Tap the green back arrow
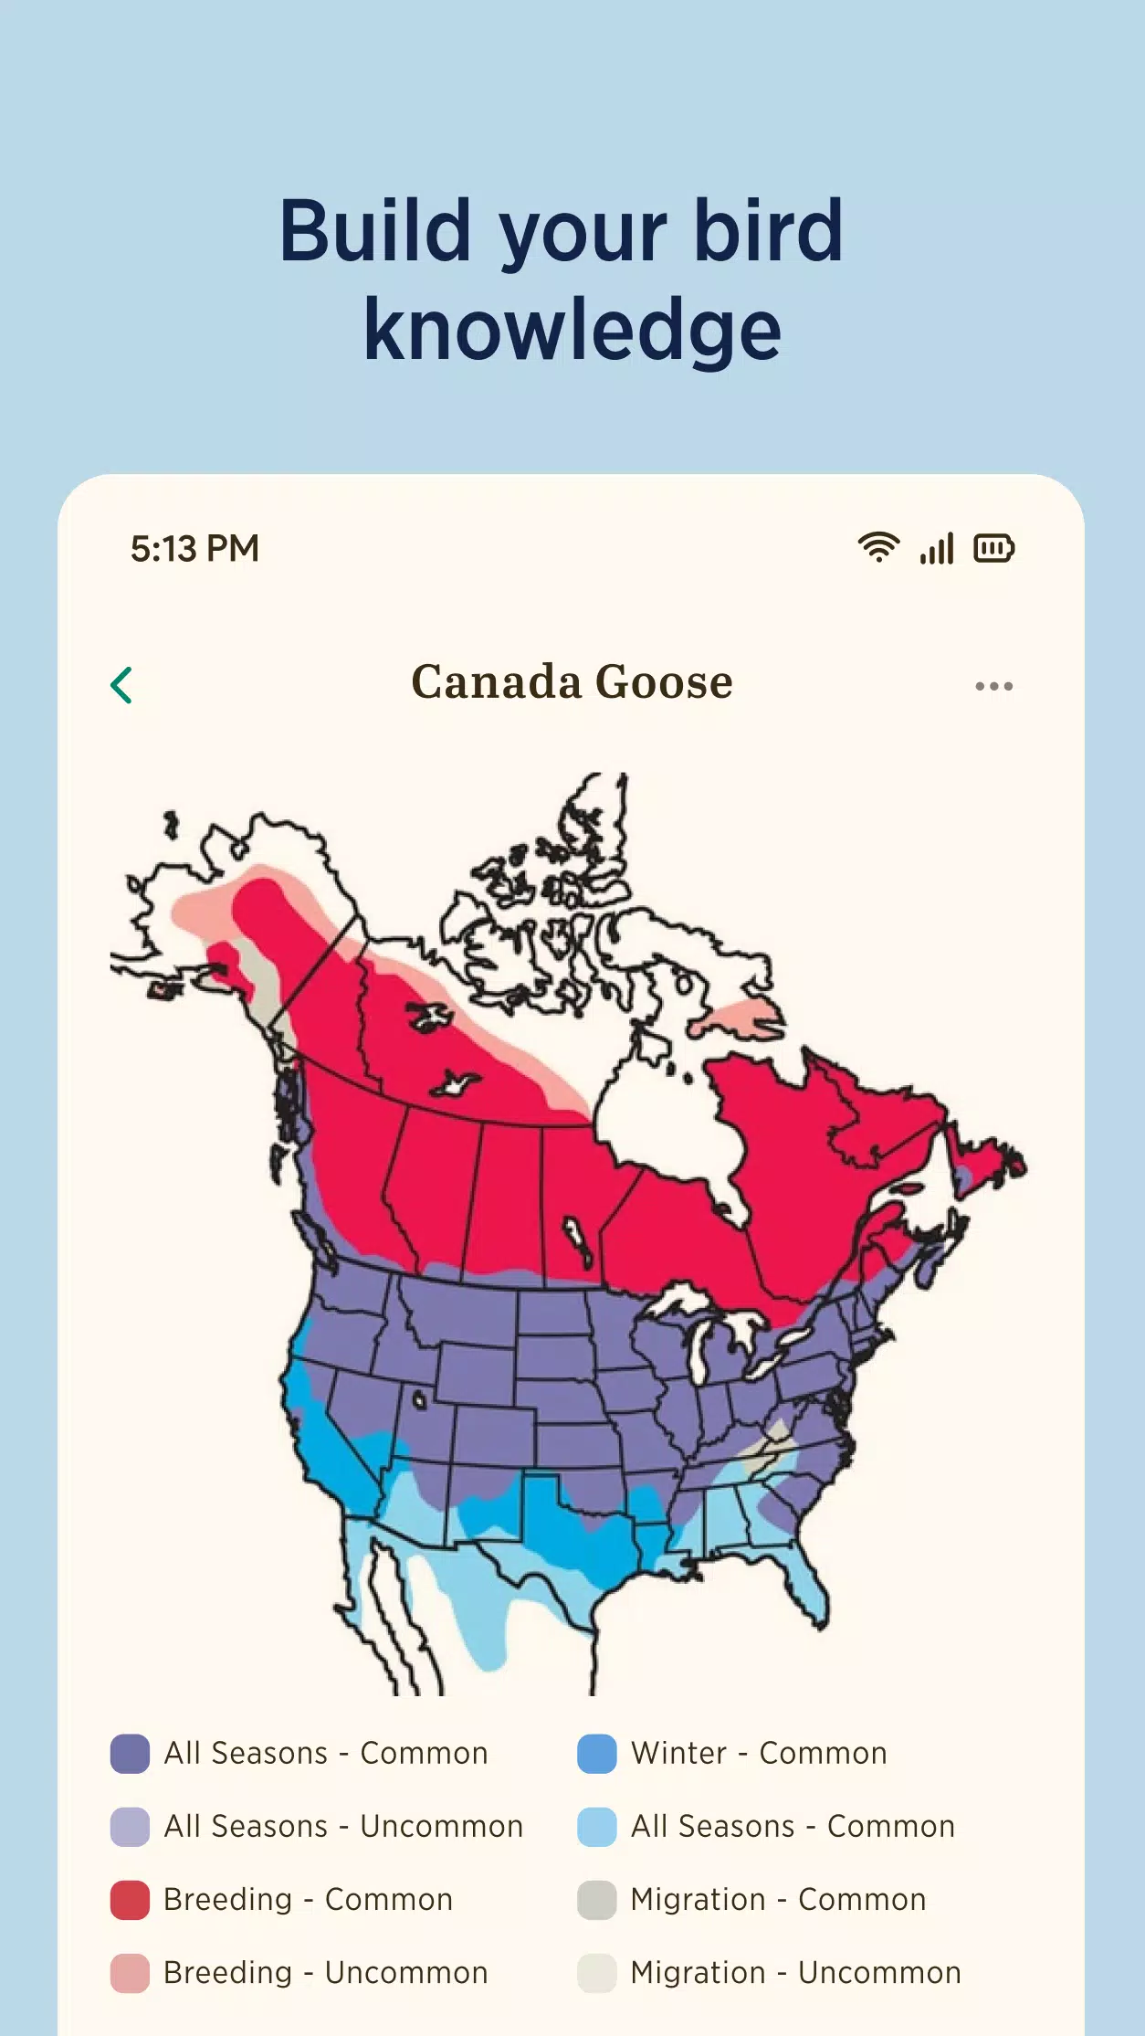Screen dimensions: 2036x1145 [x=121, y=685]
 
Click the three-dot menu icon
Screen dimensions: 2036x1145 [x=993, y=686]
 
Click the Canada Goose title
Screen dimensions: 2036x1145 [x=572, y=682]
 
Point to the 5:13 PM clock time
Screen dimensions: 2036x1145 [x=194, y=549]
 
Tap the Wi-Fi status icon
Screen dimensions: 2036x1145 [x=878, y=547]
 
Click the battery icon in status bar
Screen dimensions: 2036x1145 [x=993, y=548]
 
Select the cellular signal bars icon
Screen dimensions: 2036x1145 [x=937, y=548]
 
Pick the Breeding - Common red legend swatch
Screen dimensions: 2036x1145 [x=130, y=1900]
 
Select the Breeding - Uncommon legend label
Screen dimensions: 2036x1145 [x=326, y=1973]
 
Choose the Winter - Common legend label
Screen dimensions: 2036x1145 [x=759, y=1754]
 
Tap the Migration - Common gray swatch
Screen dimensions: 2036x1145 [x=597, y=1900]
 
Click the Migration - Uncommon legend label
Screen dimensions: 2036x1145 [x=795, y=1973]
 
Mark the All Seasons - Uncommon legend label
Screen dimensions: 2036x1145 [x=343, y=1827]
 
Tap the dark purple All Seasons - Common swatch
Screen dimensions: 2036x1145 [x=130, y=1754]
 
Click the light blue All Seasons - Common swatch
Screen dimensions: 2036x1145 [x=597, y=1827]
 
